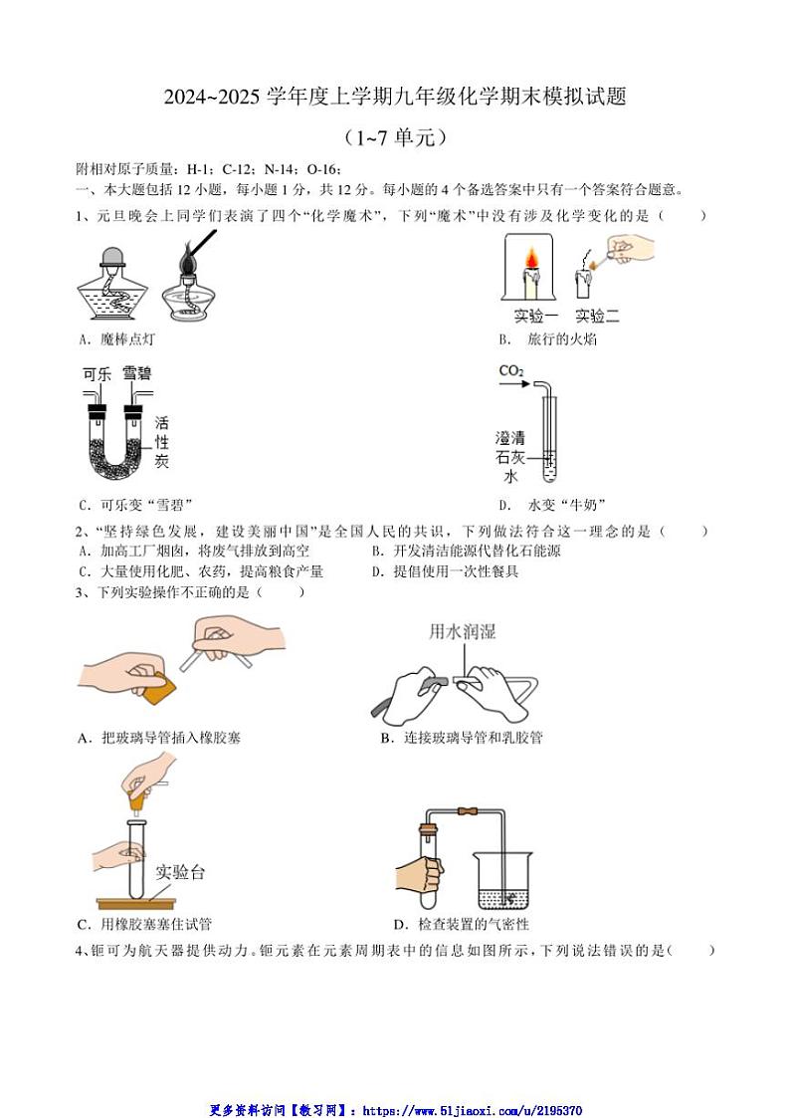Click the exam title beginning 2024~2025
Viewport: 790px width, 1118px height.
click(x=395, y=97)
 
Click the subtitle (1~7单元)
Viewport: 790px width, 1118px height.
click(x=395, y=137)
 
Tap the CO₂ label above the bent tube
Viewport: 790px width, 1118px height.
click(x=511, y=372)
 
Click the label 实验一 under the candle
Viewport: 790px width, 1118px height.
click(x=536, y=317)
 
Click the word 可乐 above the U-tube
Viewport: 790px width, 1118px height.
click(x=97, y=374)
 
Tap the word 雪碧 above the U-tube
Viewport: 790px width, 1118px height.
click(x=136, y=374)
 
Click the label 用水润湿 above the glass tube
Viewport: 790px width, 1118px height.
click(x=462, y=631)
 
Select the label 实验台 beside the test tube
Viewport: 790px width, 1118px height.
click(x=179, y=872)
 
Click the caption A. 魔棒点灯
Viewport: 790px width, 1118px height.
click(x=116, y=339)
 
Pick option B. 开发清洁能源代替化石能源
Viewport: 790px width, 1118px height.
click(x=466, y=551)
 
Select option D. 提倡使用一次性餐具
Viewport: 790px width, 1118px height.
click(x=445, y=571)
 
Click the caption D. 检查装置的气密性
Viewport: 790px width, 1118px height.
click(x=461, y=925)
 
